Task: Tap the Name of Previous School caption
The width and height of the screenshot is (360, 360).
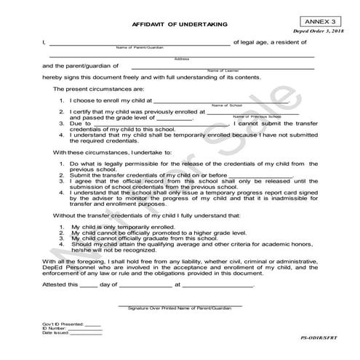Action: [256, 116]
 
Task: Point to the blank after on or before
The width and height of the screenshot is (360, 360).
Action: [260, 175]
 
